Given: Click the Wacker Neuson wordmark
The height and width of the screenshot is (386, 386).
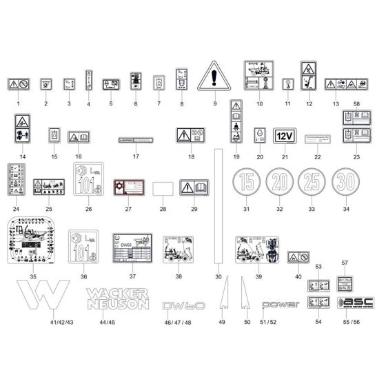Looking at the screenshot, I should point(116,298).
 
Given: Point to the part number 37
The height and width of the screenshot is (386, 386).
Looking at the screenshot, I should point(132,276).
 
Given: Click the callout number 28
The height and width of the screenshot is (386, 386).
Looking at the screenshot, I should point(163,209).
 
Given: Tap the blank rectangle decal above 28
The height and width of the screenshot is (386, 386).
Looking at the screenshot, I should point(163,188).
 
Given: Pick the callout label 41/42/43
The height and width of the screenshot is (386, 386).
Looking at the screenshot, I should point(43,323).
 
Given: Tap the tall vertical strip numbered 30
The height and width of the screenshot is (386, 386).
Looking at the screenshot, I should point(218,207).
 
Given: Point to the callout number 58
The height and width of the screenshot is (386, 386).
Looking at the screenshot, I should point(356,103).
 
